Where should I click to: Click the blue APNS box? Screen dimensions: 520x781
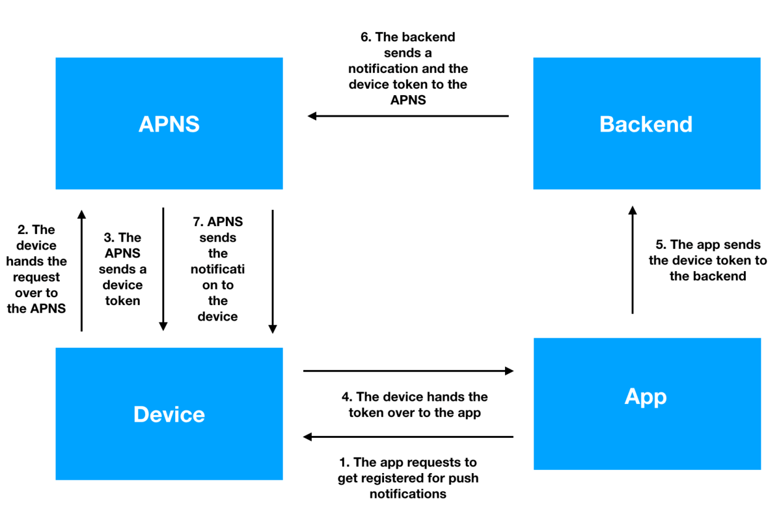169,124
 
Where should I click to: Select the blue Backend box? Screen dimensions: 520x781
646,124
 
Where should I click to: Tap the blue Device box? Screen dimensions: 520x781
169,414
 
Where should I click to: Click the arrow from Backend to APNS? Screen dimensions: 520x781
408,116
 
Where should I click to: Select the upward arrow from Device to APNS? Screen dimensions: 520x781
81,270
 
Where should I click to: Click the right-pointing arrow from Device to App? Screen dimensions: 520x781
408,371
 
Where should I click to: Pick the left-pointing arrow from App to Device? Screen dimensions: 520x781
408,437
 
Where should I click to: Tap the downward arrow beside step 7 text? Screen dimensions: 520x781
273,270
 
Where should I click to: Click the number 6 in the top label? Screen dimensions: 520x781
365,37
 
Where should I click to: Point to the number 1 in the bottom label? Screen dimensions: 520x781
344,463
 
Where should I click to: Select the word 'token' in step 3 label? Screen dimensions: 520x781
122,301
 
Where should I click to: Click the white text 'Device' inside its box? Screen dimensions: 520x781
169,414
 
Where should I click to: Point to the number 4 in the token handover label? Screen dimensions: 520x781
346,397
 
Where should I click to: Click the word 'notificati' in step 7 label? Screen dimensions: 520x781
217,269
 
